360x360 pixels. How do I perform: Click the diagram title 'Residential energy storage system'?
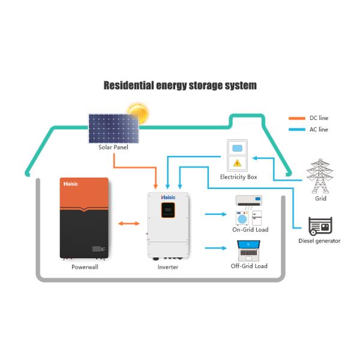[x=180, y=85]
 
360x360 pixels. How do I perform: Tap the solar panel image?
[x=114, y=128]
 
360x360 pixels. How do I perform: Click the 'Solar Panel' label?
[x=113, y=147]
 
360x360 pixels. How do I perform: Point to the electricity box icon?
[x=238, y=155]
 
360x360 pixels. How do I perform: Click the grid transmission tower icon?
[x=320, y=175]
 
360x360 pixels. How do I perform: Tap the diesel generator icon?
[x=319, y=227]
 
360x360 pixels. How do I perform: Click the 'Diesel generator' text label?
[x=319, y=241]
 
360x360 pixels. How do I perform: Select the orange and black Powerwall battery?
[x=85, y=218]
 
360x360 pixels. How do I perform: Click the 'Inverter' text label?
[x=167, y=267]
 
